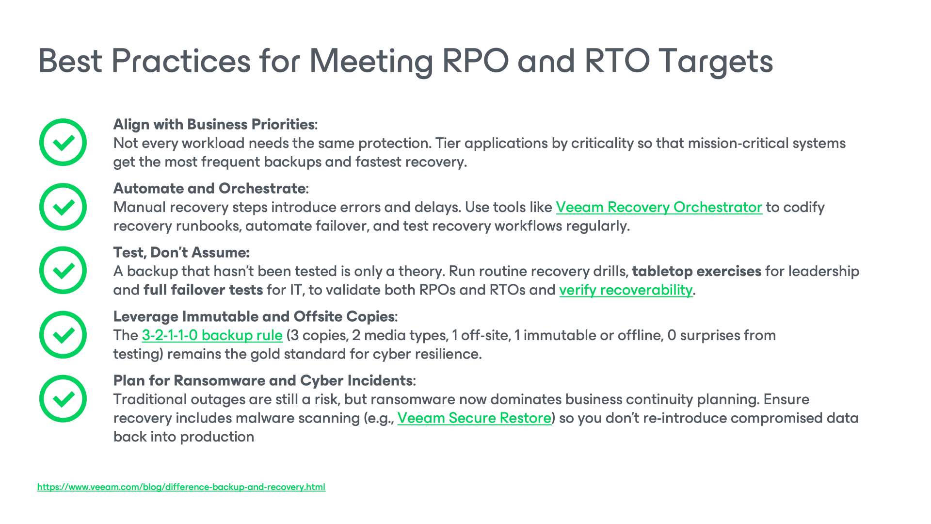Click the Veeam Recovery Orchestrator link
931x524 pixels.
tap(658, 208)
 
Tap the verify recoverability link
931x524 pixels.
tap(626, 290)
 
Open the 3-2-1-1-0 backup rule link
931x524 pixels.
tap(212, 335)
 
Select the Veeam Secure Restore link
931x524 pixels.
tap(474, 418)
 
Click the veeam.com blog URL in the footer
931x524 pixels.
tap(181, 487)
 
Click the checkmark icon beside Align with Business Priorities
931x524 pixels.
tap(63, 142)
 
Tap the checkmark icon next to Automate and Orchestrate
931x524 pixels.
tap(63, 207)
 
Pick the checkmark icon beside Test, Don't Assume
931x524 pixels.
tap(63, 270)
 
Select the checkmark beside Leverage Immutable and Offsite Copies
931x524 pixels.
tap(63, 335)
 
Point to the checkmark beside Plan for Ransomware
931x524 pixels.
tap(63, 399)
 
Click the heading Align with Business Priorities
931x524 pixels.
tap(214, 125)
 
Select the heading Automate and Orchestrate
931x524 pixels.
tap(209, 189)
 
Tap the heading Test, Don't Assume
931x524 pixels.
tap(181, 253)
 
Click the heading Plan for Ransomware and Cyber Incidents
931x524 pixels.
tap(263, 381)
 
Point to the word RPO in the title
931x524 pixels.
tap(475, 62)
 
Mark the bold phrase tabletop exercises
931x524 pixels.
tap(696, 272)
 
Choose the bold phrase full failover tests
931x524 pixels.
tap(203, 290)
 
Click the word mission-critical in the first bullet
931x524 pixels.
tap(734, 144)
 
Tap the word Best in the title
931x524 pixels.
tap(70, 62)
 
